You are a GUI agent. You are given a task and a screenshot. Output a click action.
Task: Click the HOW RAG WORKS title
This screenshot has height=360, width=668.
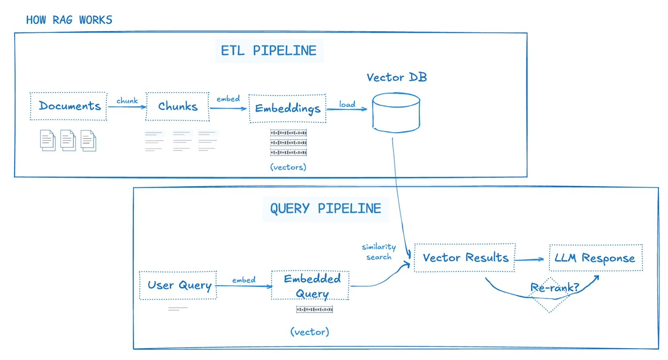[69, 20]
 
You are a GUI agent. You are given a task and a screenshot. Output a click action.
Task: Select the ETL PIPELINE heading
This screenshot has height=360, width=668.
[269, 51]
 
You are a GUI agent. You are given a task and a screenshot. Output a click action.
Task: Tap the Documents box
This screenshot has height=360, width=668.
[69, 106]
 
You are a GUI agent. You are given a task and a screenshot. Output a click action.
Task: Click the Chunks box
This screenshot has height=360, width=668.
[177, 106]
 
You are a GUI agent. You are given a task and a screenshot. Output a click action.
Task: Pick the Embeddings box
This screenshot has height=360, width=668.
[287, 109]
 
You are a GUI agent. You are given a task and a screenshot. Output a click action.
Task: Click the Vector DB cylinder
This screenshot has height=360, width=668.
[396, 113]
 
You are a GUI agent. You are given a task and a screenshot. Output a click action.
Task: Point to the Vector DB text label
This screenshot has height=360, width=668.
[397, 77]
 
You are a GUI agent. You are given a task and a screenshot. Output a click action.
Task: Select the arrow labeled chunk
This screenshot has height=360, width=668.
[127, 107]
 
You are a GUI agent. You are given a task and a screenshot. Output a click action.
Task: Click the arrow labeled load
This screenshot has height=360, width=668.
[347, 109]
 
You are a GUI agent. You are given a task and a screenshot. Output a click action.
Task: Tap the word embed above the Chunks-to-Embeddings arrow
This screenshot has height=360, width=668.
[228, 99]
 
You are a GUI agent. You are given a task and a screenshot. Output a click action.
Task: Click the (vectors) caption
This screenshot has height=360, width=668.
[288, 167]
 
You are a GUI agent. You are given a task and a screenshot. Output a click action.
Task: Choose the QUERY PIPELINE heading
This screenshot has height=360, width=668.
[325, 209]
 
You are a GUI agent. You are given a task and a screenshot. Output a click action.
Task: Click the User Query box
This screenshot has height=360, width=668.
[178, 285]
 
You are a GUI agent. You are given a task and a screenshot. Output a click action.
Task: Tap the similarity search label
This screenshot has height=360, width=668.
[379, 252]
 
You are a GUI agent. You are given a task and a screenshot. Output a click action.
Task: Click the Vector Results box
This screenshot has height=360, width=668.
[465, 258]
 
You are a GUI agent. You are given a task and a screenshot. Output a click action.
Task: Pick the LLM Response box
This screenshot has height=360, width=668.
[595, 258]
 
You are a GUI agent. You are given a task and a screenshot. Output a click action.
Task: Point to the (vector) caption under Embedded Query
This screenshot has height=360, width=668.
[310, 332]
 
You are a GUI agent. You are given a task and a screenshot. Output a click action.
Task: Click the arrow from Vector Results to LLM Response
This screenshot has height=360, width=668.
[529, 260]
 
